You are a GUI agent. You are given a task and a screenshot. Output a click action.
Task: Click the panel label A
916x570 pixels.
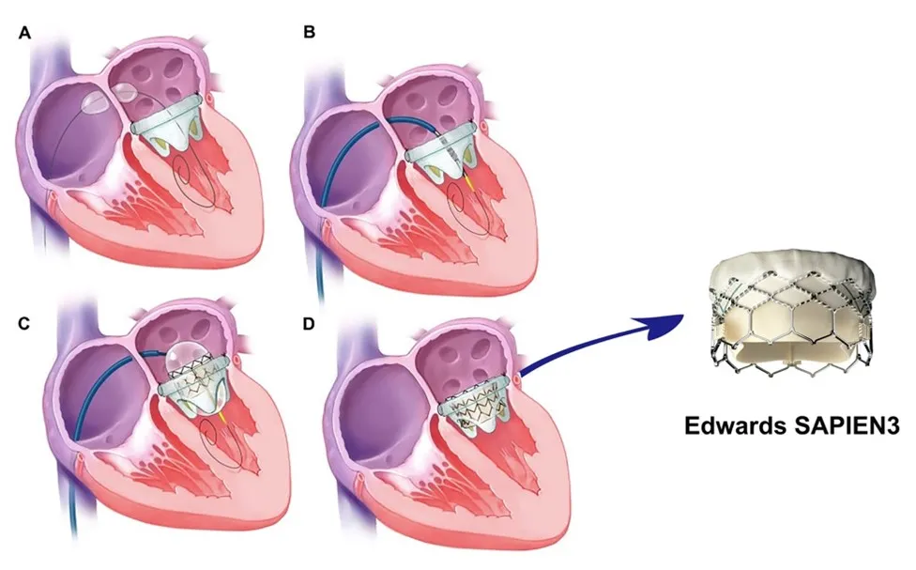tap(24, 35)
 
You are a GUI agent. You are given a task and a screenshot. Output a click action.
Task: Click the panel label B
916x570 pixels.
tap(308, 35)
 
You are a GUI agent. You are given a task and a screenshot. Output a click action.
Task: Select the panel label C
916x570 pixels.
tap(24, 323)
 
